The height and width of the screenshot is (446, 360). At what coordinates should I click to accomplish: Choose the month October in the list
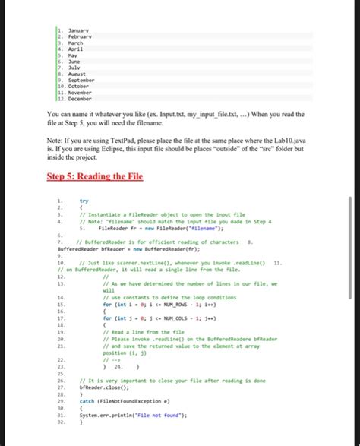click(80, 86)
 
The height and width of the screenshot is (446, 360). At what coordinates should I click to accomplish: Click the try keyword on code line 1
click(84, 201)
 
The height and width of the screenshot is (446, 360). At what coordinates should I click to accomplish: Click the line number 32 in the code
click(61, 422)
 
